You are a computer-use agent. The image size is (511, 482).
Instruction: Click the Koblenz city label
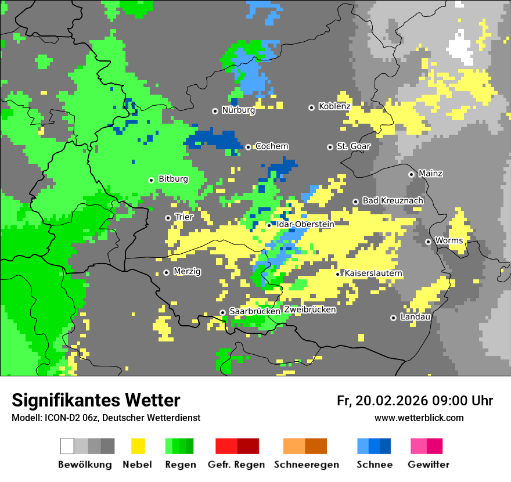[334, 107]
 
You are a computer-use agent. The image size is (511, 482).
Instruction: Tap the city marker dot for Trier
[168, 218]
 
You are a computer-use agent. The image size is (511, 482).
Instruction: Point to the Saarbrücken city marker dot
[222, 312]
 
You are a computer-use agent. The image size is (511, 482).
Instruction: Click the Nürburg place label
[238, 110]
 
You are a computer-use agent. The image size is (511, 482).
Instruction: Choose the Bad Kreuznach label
[393, 200]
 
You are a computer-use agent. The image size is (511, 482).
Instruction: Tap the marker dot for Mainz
[411, 174]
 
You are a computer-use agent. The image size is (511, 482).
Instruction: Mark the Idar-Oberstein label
[305, 224]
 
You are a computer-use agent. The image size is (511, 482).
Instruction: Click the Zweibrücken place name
[310, 310]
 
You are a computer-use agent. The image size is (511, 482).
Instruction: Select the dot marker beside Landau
[393, 318]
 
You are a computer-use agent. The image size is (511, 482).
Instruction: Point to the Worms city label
[448, 240]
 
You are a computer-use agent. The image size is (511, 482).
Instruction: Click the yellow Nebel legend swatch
[138, 446]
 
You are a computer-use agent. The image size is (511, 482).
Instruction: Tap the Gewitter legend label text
[428, 465]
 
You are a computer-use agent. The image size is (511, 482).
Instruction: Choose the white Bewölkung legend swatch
[67, 446]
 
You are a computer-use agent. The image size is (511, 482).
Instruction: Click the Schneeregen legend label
[307, 465]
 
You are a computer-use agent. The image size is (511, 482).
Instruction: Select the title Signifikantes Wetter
[96, 401]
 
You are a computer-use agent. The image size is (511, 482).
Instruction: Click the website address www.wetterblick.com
[419, 418]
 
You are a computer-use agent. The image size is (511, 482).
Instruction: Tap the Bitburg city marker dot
[151, 180]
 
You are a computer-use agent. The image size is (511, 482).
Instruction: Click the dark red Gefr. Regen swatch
[248, 446]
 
